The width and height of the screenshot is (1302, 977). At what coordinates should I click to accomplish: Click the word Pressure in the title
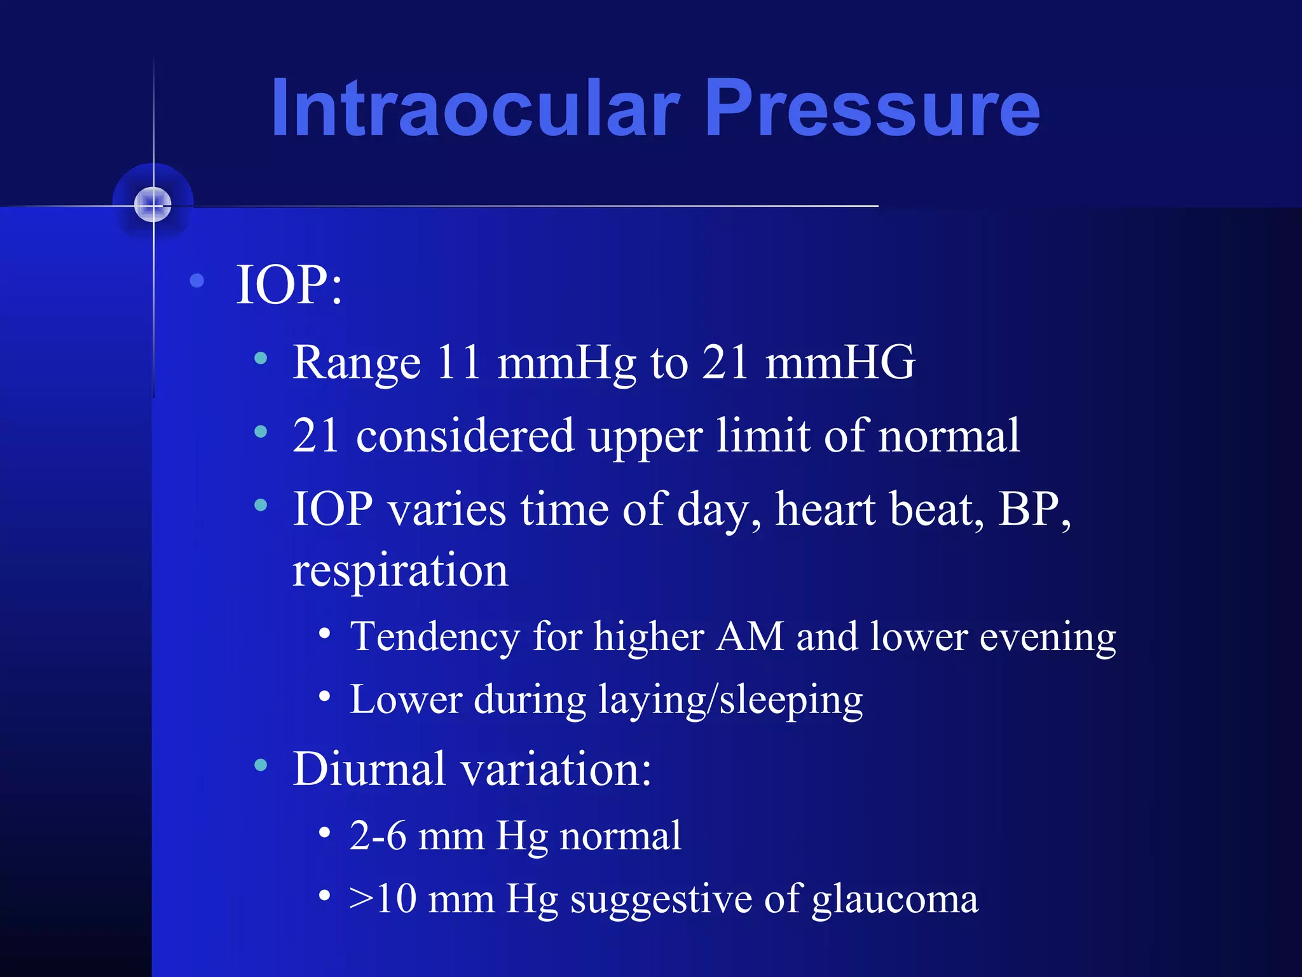coord(872,108)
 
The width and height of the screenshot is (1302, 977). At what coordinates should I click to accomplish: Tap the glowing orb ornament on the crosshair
coord(153,205)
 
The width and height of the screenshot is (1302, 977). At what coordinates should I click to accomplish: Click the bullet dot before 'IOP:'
coord(197,280)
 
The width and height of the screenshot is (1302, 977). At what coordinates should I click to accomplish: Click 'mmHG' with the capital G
coord(840,363)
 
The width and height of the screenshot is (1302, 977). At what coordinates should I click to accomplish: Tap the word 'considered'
coord(465,436)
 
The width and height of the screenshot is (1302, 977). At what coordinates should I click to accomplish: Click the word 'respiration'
coord(401,571)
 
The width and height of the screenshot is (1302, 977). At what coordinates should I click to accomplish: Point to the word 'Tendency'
coord(435,637)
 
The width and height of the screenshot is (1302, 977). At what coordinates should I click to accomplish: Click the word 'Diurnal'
coord(369,769)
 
